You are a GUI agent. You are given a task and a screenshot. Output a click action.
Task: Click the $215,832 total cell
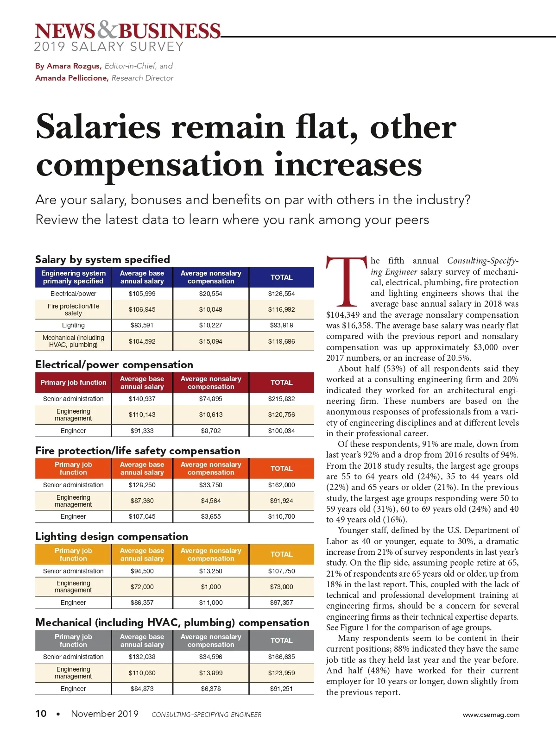[281, 399]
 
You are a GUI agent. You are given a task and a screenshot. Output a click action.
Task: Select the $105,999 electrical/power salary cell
[142, 294]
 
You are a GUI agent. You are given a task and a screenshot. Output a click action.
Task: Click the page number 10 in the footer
[41, 714]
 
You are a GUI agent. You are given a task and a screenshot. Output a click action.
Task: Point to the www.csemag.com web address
[491, 715]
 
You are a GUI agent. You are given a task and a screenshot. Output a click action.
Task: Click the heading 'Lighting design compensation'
[112, 536]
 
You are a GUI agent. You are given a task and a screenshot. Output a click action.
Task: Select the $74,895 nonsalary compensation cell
[211, 399]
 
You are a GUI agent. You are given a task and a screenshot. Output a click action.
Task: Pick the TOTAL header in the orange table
[281, 468]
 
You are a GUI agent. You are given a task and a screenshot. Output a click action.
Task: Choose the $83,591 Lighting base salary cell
[142, 325]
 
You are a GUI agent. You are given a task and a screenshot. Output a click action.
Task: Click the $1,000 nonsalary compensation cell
[211, 587]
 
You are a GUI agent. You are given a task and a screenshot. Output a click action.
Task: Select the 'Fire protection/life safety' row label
[73, 309]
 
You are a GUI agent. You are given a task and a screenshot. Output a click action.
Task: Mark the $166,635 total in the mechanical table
[281, 657]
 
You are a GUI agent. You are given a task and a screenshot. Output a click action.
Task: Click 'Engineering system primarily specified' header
[73, 277]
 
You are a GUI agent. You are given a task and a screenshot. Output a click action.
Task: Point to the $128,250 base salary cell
[142, 485]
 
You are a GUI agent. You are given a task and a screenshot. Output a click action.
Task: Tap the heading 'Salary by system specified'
[102, 259]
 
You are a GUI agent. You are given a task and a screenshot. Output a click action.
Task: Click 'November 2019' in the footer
[105, 714]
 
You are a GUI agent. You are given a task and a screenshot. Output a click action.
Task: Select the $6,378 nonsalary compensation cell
[211, 689]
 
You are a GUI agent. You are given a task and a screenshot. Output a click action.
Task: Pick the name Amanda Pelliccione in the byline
[72, 78]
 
